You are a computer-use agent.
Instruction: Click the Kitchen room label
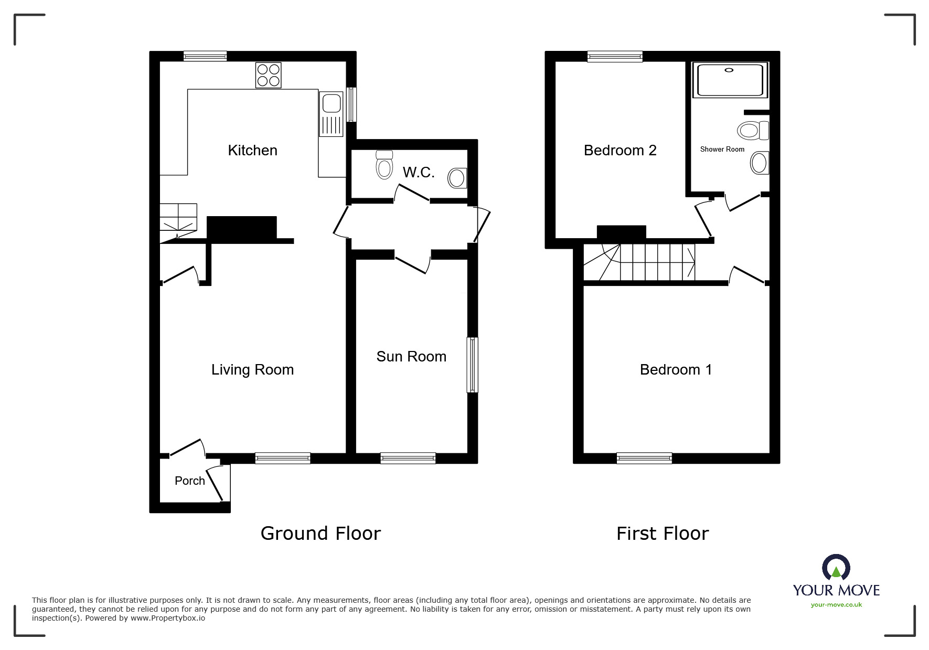(252, 151)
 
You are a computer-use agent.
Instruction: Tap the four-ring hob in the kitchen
(268, 75)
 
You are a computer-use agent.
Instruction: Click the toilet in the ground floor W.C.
(385, 165)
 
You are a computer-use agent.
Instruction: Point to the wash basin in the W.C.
(457, 178)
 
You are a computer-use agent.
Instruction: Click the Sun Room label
(411, 357)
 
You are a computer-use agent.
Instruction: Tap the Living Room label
(252, 370)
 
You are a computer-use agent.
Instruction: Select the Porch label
(189, 481)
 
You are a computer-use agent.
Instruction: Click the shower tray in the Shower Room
(730, 80)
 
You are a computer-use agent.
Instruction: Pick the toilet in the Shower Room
(752, 130)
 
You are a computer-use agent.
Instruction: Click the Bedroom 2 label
(620, 151)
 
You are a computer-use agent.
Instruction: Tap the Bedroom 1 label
(676, 370)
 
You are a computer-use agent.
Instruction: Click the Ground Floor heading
(321, 534)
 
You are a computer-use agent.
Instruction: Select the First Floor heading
(663, 534)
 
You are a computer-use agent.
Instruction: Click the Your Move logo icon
(836, 568)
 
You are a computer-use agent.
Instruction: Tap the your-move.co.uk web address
(836, 605)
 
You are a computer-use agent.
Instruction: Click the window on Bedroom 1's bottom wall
(644, 459)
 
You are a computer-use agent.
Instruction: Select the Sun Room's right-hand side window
(472, 365)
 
